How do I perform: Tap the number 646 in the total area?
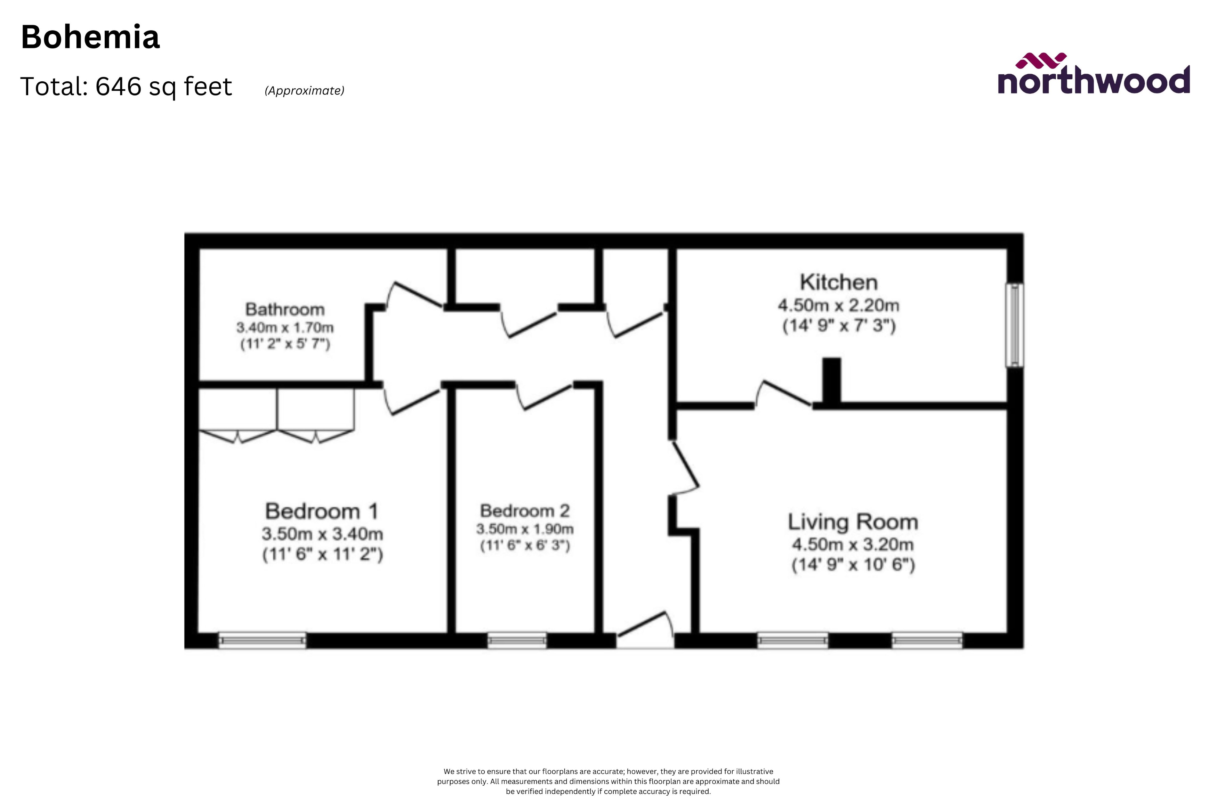tap(119, 87)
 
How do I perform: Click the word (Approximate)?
tap(304, 90)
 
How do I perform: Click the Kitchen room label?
tap(838, 282)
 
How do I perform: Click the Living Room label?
tap(853, 522)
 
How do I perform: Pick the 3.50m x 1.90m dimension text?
tap(525, 529)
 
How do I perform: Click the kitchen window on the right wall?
tap(1014, 325)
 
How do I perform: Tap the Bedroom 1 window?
tap(262, 640)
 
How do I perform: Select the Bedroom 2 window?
tap(517, 640)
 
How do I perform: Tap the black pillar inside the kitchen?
tap(831, 380)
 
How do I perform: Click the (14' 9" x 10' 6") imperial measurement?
tap(853, 564)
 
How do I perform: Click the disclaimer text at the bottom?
tap(608, 781)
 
